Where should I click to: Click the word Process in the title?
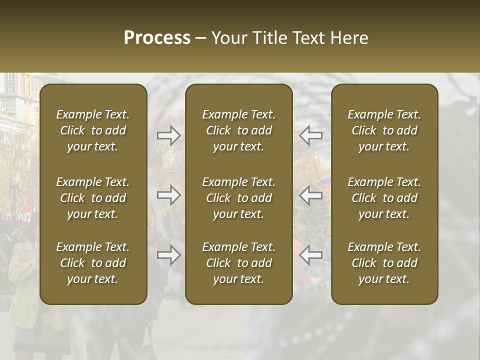(x=157, y=38)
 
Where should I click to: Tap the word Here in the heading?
(x=349, y=38)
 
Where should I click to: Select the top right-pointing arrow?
(x=168, y=135)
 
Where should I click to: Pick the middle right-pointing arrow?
(x=168, y=195)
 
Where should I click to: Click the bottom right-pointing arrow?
(x=168, y=255)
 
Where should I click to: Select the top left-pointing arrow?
(x=310, y=135)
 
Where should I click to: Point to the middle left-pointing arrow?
(x=310, y=195)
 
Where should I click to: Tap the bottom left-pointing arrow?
(x=310, y=255)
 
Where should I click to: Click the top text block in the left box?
(x=93, y=130)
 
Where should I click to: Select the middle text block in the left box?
(x=93, y=198)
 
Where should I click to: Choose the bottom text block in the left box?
(x=93, y=263)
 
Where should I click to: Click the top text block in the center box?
(x=238, y=130)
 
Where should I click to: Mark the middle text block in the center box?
(x=238, y=198)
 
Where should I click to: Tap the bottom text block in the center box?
(x=238, y=263)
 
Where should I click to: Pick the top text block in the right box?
(x=384, y=130)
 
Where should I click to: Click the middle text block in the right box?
(x=384, y=198)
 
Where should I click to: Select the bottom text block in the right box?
(x=384, y=263)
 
